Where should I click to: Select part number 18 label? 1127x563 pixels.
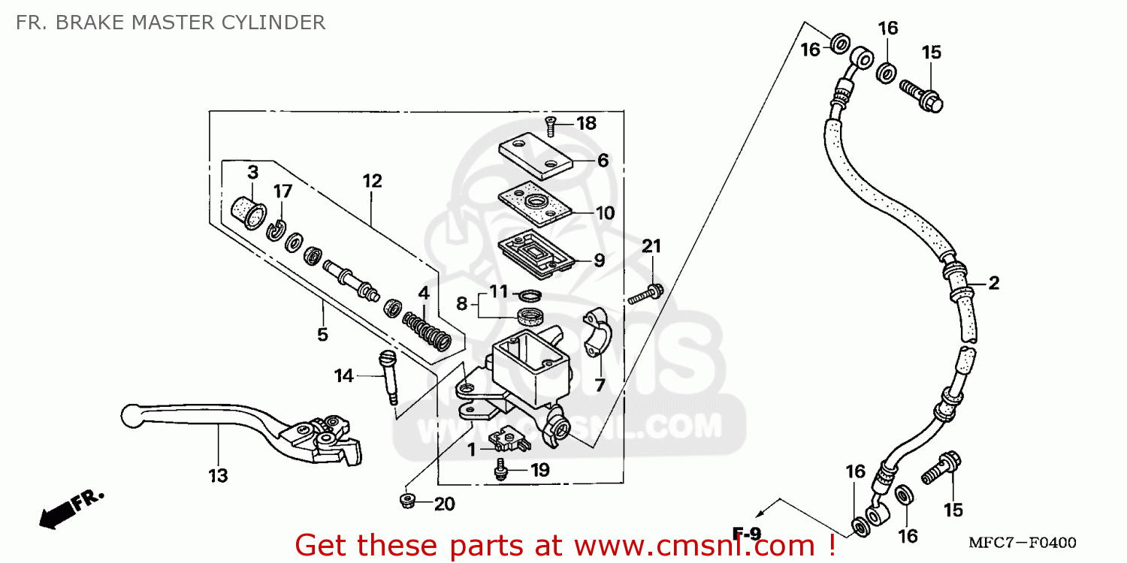(x=586, y=124)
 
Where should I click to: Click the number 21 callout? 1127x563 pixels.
(x=651, y=246)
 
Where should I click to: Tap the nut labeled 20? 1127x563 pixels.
(x=408, y=500)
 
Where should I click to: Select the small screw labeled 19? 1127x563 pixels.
(x=499, y=471)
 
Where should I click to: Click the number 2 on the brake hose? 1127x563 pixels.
(x=993, y=283)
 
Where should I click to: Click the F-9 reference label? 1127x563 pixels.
(x=747, y=534)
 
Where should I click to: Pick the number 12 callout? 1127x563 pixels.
(x=372, y=181)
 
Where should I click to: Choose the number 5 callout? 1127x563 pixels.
(x=322, y=334)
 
